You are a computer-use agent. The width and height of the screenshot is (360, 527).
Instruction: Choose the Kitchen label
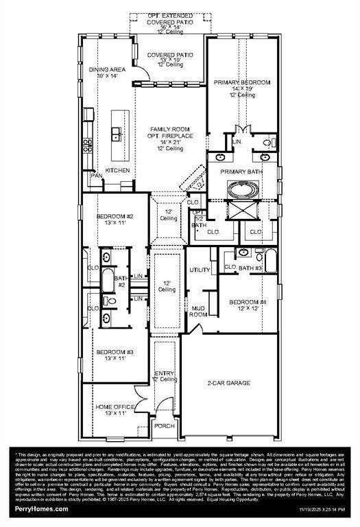[117, 170]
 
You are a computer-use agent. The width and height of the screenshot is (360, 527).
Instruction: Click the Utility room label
[200, 270]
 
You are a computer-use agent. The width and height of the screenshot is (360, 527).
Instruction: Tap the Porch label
[164, 425]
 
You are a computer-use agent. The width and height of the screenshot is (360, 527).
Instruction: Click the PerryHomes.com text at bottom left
[42, 508]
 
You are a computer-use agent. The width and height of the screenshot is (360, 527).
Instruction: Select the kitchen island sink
[117, 132]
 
